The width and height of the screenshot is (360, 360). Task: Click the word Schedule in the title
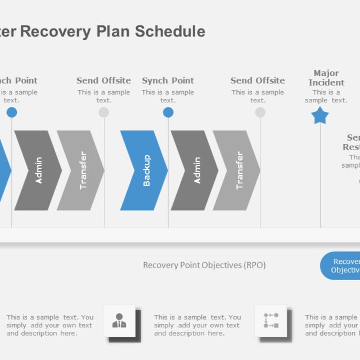point(170,31)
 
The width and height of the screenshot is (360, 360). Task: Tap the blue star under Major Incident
point(320,116)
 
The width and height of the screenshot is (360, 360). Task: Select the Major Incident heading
point(326,78)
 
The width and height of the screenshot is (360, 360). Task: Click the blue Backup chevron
point(143,170)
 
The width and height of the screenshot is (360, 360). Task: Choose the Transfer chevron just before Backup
point(80,170)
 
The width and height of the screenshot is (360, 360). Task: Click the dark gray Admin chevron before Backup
point(37,170)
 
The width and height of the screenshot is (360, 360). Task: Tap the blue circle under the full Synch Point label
point(168,112)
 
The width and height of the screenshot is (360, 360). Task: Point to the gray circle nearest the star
point(260,112)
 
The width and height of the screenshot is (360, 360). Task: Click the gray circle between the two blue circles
point(103,112)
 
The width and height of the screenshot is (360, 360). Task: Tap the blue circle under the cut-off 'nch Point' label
point(12,112)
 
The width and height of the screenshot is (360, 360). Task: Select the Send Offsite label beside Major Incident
point(258,80)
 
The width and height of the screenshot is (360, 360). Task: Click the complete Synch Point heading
point(168,80)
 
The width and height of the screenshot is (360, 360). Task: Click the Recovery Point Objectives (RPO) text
point(204,265)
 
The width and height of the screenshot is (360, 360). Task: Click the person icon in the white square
point(119,321)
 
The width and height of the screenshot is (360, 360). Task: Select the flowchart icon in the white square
point(271,321)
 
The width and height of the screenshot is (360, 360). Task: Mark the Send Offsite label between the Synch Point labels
point(103,80)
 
